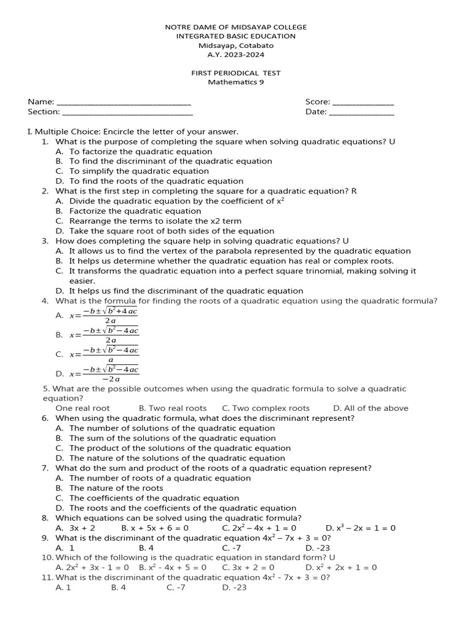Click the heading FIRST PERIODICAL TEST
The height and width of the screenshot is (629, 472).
[236, 72]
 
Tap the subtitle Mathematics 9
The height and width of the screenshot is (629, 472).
[236, 82]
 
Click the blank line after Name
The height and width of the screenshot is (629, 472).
[123, 103]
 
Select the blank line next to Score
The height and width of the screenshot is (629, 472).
[363, 103]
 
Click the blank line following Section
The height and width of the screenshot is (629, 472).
[127, 112]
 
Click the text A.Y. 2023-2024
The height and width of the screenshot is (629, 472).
[236, 55]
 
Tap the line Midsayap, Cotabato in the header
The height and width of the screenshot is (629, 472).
[236, 45]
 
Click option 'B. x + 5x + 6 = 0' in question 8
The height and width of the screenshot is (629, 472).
[155, 528]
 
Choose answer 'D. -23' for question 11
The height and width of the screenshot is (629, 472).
[234, 588]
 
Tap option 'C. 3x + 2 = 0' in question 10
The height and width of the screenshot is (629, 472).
[248, 568]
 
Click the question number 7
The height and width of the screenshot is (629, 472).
[45, 468]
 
